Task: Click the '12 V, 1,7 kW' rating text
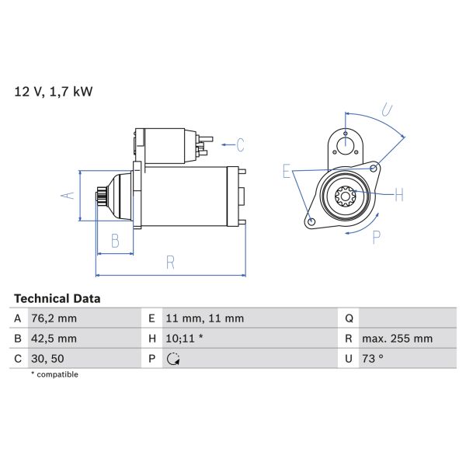pyautogui.click(x=53, y=92)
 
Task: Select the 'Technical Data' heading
pyautogui.click(x=57, y=298)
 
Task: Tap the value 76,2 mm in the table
pyautogui.click(x=55, y=318)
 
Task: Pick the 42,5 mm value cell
pyautogui.click(x=55, y=339)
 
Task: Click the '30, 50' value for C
pyautogui.click(x=48, y=359)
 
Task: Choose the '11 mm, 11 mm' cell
pyautogui.click(x=205, y=318)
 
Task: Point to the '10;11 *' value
pyautogui.click(x=185, y=339)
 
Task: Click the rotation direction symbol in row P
pyautogui.click(x=173, y=359)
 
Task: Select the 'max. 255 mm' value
pyautogui.click(x=398, y=339)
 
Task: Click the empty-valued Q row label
pyautogui.click(x=349, y=318)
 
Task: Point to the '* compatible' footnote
pyautogui.click(x=54, y=374)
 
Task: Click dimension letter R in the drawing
pyautogui.click(x=170, y=263)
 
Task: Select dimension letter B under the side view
pyautogui.click(x=115, y=241)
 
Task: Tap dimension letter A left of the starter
pyautogui.click(x=68, y=195)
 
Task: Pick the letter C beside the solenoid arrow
pyautogui.click(x=240, y=144)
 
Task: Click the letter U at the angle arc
pyautogui.click(x=388, y=110)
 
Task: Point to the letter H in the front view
pyautogui.click(x=398, y=195)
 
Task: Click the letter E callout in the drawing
pyautogui.click(x=287, y=172)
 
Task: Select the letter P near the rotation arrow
pyautogui.click(x=376, y=238)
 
